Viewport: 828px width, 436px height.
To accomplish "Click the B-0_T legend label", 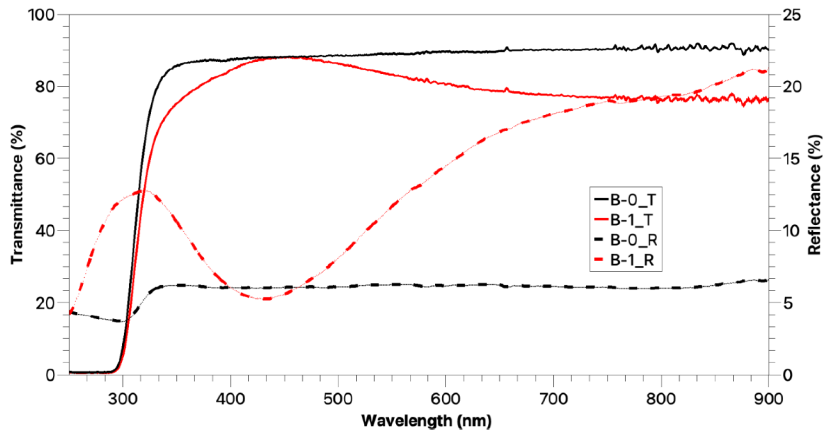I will pyautogui.click(x=632, y=200).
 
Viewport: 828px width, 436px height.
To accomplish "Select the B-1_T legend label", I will pyautogui.click(x=631, y=220).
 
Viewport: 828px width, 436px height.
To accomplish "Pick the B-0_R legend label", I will pyautogui.click(x=633, y=240).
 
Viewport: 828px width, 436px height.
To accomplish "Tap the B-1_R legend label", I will pyautogui.click(x=632, y=260).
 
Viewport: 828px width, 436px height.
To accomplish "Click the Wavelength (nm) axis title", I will pyautogui.click(x=426, y=421).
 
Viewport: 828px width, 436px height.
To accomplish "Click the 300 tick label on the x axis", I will pyautogui.click(x=122, y=399).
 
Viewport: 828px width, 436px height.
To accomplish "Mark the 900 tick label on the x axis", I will pyautogui.click(x=768, y=399).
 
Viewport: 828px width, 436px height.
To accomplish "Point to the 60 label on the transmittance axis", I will pyautogui.click(x=45, y=159).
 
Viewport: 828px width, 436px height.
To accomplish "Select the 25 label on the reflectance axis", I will pyautogui.click(x=791, y=15).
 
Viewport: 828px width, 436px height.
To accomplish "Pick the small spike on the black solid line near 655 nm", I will pyautogui.click(x=507, y=48).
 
